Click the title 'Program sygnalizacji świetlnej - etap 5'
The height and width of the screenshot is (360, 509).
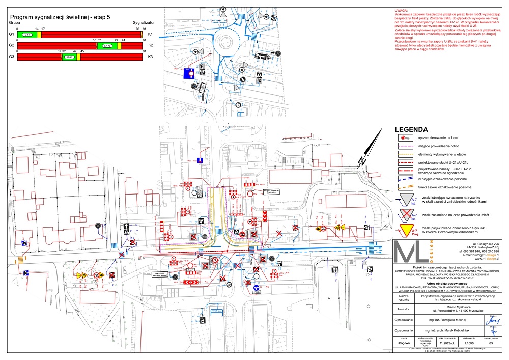click(x=60, y=17)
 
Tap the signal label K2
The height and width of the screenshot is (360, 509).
click(x=150, y=46)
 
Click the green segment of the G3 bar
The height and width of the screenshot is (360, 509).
click(x=70, y=57)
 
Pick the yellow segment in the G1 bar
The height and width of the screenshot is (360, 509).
click(x=39, y=34)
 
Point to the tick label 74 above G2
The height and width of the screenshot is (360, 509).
click(x=123, y=40)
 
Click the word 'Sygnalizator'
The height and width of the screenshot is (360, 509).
click(x=144, y=23)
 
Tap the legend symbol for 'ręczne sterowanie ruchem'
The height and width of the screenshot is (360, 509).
click(x=406, y=138)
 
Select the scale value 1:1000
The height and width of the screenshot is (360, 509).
click(x=462, y=343)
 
